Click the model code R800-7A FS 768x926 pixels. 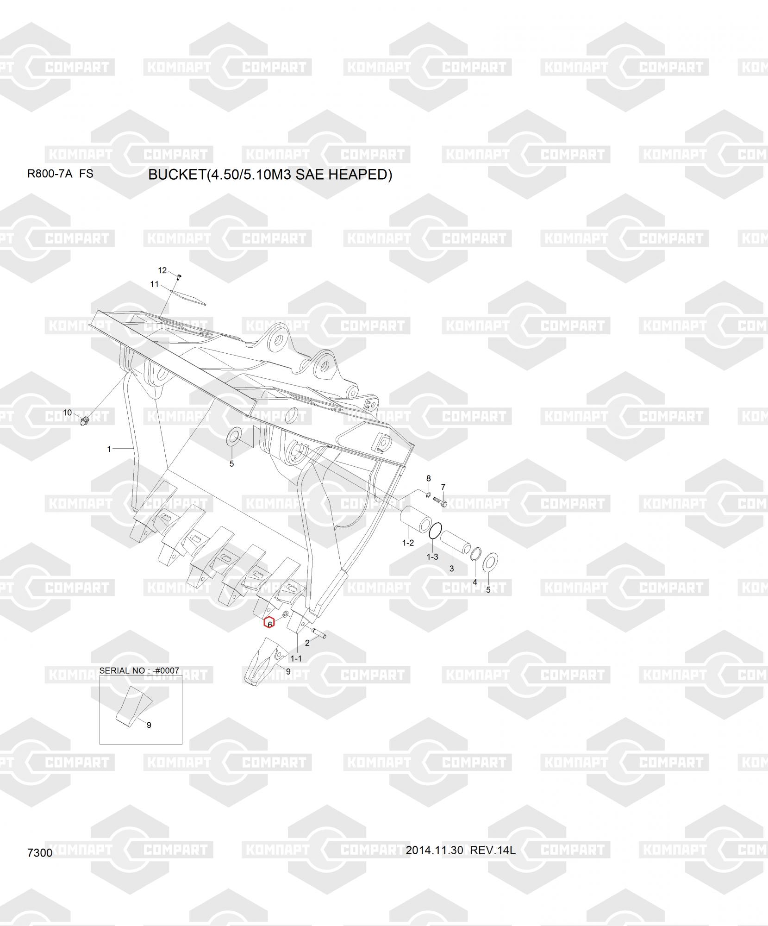click(x=60, y=174)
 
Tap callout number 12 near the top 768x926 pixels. click(x=162, y=270)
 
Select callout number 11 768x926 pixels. click(x=155, y=284)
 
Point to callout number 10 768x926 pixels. click(x=68, y=413)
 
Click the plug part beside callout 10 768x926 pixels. click(x=84, y=420)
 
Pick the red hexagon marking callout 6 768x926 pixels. click(x=269, y=623)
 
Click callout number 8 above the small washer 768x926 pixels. click(x=428, y=478)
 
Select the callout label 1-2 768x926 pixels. click(x=408, y=543)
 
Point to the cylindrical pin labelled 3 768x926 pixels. click(x=456, y=543)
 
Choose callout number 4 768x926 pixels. click(x=475, y=582)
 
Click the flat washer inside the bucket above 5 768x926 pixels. click(x=234, y=437)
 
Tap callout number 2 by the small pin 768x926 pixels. click(x=307, y=643)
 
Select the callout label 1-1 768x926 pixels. click(x=296, y=658)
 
